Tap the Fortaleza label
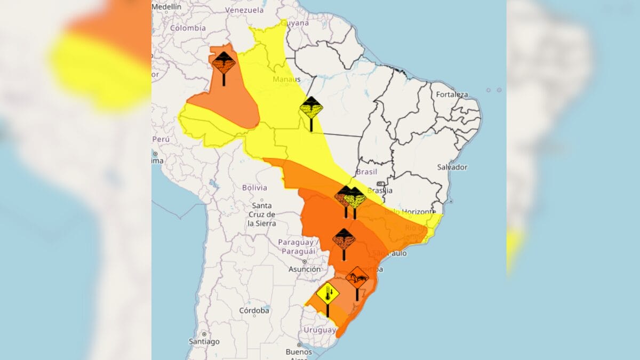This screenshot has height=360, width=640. pos(452,95)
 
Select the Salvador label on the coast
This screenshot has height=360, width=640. pos(452,167)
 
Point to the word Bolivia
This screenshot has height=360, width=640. pos(254,188)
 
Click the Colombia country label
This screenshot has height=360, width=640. pos(188,28)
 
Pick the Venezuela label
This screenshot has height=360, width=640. pos(244,10)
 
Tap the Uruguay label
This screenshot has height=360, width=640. pos(319,330)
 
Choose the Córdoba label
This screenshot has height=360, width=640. pos(254,310)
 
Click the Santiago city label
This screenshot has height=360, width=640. pos(204,341)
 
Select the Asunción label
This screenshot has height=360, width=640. pos(305,270)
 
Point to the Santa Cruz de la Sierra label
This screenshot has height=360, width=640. pos(261,214)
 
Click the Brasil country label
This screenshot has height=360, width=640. pos(366,172)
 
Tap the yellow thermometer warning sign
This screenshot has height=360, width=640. pos(327,294)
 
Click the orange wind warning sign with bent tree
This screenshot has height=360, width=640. pos(357,278)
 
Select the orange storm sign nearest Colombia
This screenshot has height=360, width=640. pos(223,63)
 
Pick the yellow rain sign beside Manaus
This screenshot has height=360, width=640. pos(311,108)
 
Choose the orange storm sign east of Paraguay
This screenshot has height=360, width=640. pos(344,239)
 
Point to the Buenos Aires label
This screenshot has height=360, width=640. pos(299,353)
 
